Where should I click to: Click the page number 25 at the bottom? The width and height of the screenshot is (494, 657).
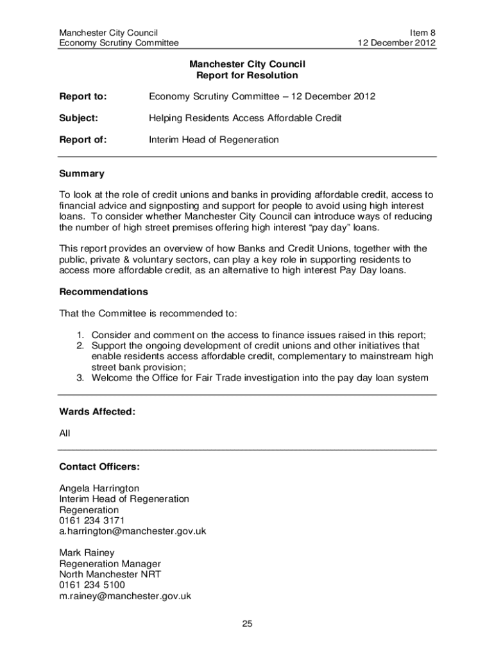pos(247,624)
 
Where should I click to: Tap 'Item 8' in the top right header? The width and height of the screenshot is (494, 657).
pos(422,32)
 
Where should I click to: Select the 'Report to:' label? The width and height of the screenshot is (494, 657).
pos(83,97)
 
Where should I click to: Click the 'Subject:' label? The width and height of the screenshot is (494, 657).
pos(78,118)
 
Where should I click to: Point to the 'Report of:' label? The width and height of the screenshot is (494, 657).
pos(83,139)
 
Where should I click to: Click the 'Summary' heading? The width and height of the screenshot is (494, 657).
pos(81,174)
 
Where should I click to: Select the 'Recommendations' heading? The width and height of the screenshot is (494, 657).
pos(103,292)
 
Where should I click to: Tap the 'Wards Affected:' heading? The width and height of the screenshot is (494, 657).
pos(97,412)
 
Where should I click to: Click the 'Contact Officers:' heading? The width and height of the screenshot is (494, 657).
pos(99,466)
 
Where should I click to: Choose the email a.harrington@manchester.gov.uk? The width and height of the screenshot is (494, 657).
pos(132,531)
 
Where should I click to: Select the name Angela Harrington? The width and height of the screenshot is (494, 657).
pos(99,488)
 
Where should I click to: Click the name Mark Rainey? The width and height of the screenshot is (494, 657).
pos(87,553)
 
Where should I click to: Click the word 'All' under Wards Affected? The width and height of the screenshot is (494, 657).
pos(65,434)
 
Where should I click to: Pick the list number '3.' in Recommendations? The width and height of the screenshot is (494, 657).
pos(81,378)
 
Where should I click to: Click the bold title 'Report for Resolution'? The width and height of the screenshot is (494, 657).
pos(247,75)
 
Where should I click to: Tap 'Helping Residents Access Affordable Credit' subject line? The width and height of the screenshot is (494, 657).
pos(245,118)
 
